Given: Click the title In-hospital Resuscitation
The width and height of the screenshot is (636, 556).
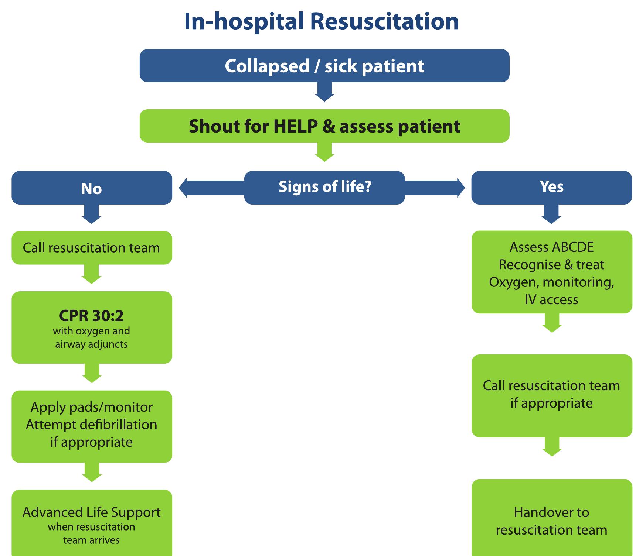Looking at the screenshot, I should tap(321, 21).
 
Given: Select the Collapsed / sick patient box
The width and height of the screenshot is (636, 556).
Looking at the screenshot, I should tap(324, 66).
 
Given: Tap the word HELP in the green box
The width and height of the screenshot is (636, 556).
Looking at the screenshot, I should tap(295, 126).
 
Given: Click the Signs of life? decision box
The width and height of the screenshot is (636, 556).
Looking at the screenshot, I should tap(324, 187).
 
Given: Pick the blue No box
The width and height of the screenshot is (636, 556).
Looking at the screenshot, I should tap(91, 188).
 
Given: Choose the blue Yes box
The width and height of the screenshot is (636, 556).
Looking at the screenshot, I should tap(551, 187).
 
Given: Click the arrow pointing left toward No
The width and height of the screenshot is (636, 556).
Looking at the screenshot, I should tap(211, 188).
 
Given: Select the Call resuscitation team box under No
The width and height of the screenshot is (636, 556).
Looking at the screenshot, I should tap(91, 248).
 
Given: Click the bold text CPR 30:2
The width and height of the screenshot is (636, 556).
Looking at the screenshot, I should tap(91, 316).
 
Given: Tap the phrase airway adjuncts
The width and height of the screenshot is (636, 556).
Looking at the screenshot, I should tap(91, 344).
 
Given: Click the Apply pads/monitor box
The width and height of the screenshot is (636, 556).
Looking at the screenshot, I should tap(91, 426).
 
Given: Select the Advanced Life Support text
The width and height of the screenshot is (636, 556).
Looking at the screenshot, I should tap(91, 512).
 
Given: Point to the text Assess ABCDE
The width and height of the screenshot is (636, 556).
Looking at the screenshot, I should tap(551, 247).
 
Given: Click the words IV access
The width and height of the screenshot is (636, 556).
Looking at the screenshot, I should tap(551, 299).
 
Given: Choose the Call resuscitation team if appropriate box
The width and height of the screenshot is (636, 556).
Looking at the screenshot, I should tap(551, 395).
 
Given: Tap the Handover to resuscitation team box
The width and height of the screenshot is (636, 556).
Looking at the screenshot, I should tap(551, 521).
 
